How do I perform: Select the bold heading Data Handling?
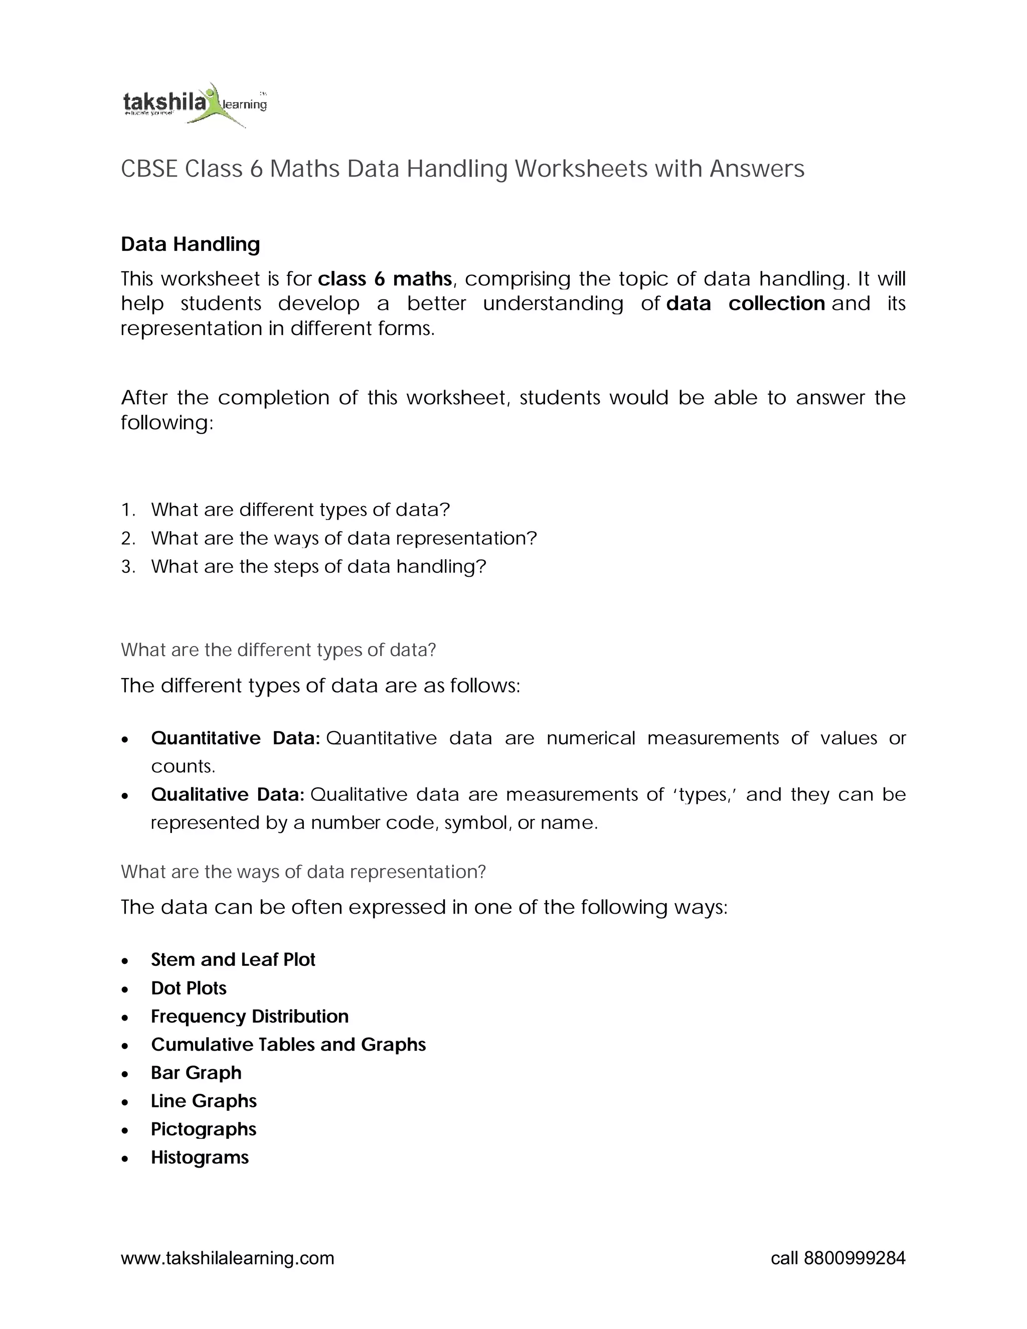(191, 244)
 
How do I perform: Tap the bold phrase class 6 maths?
(385, 279)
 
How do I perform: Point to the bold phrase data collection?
(745, 303)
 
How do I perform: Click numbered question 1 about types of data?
(300, 510)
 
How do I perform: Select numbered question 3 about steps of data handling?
(318, 567)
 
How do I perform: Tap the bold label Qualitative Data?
(228, 795)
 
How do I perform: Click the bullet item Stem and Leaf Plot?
(233, 959)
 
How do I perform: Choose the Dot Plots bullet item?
(189, 988)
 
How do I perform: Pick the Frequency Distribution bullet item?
(249, 1016)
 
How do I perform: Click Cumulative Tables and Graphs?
(288, 1044)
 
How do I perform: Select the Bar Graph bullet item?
(196, 1072)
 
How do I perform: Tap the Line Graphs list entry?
(204, 1101)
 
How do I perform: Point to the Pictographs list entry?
(203, 1129)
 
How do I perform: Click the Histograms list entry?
(200, 1157)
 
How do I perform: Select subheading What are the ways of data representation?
(303, 872)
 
